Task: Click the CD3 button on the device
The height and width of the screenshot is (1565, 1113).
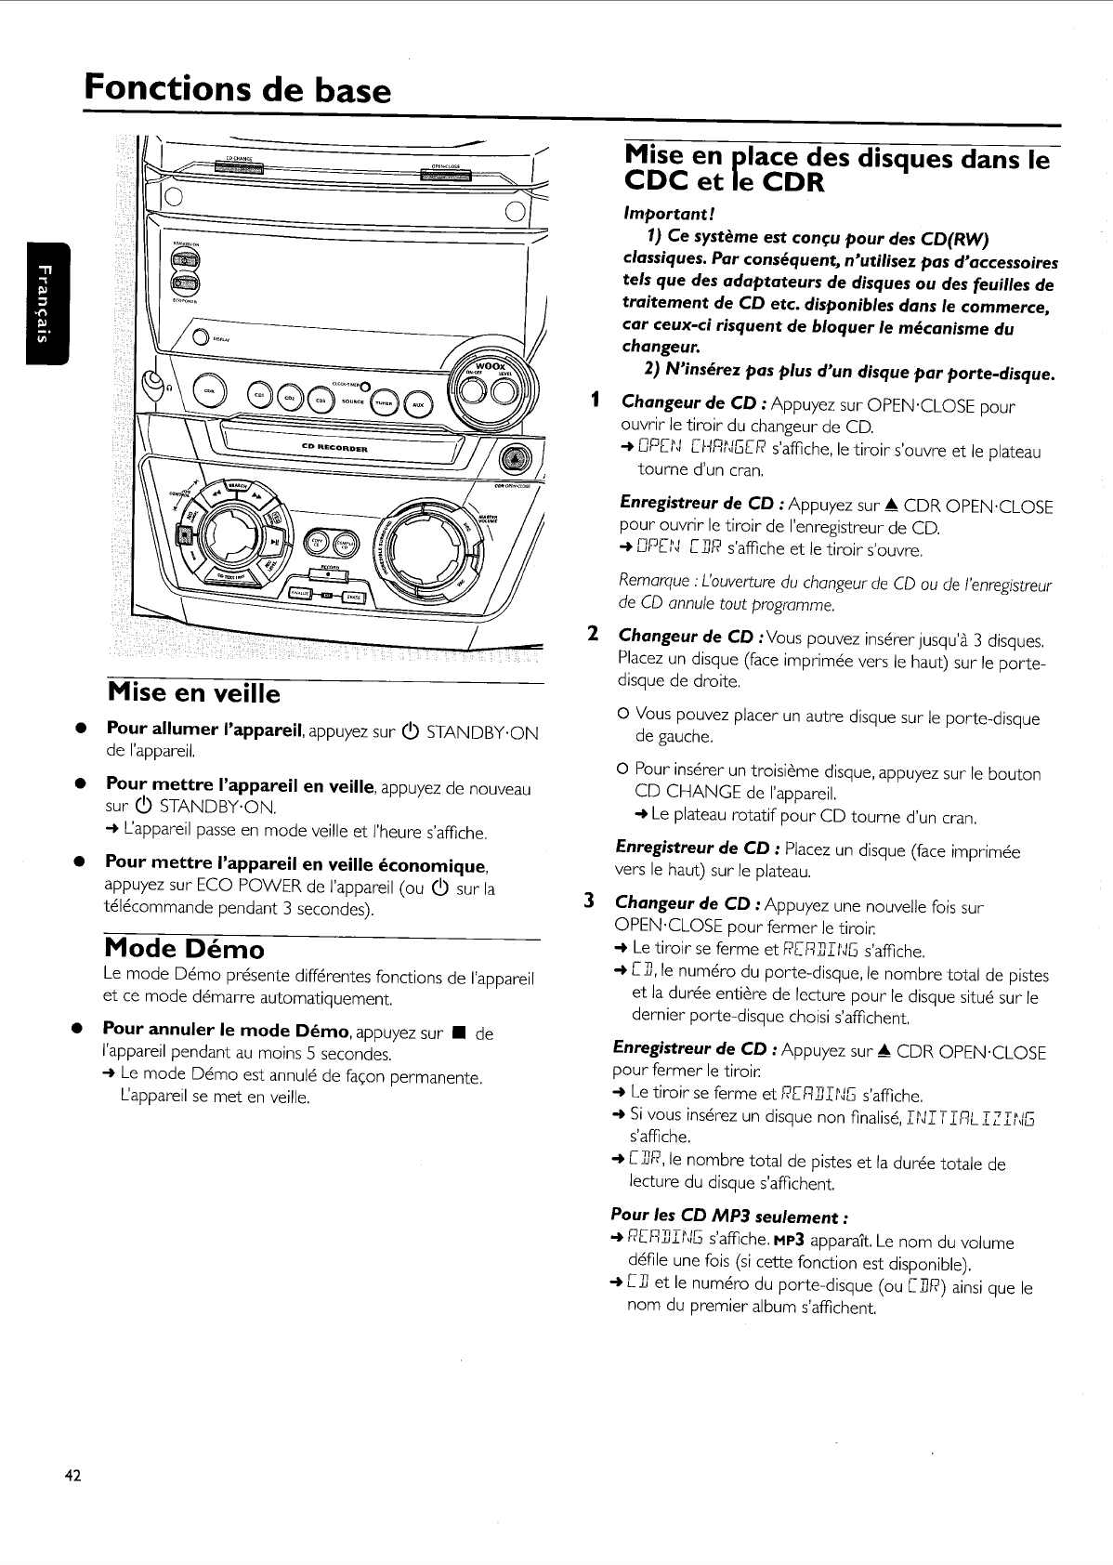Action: pyautogui.click(x=321, y=401)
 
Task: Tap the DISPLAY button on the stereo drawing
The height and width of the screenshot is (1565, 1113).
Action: pyautogui.click(x=200, y=337)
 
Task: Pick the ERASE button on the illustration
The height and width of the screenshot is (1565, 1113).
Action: pyautogui.click(x=352, y=596)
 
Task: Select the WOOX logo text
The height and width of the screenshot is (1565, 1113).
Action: pyautogui.click(x=488, y=366)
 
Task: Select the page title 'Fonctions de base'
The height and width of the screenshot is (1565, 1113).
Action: pyautogui.click(x=237, y=90)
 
